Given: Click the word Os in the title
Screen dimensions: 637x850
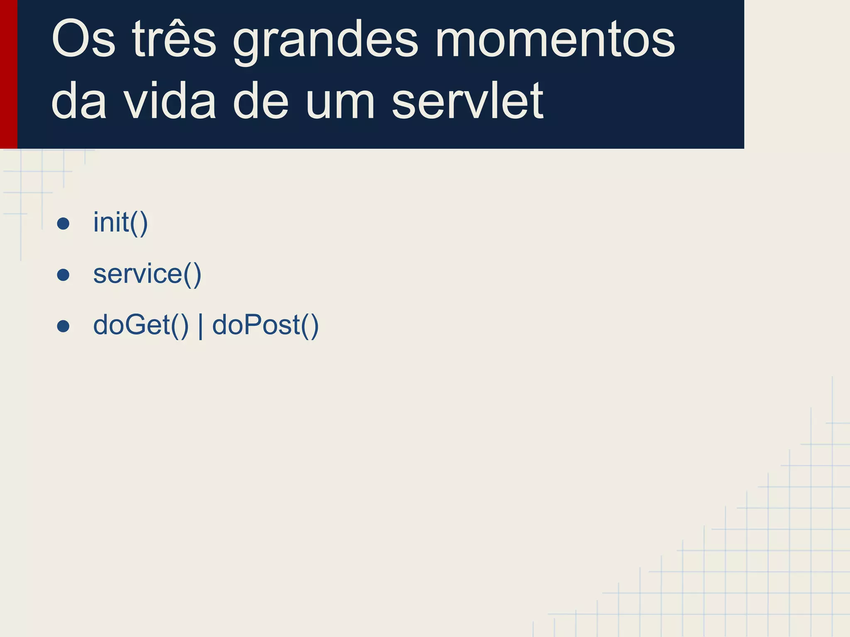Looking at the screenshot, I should (x=83, y=40).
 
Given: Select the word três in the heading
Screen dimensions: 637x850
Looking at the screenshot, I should (x=174, y=40).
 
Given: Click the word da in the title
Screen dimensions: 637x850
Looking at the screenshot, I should (x=79, y=101).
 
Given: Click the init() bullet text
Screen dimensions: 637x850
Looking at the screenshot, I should (x=120, y=223).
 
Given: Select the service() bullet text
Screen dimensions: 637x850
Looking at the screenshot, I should (x=147, y=274).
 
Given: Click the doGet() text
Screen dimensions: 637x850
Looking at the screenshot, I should (x=141, y=325).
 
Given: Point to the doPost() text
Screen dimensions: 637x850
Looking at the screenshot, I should (x=266, y=325).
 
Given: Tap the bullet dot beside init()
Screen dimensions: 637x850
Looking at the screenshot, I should (x=63, y=224).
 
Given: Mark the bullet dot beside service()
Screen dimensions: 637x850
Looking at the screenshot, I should (x=63, y=275).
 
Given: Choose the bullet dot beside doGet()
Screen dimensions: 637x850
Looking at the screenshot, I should (x=63, y=326).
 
